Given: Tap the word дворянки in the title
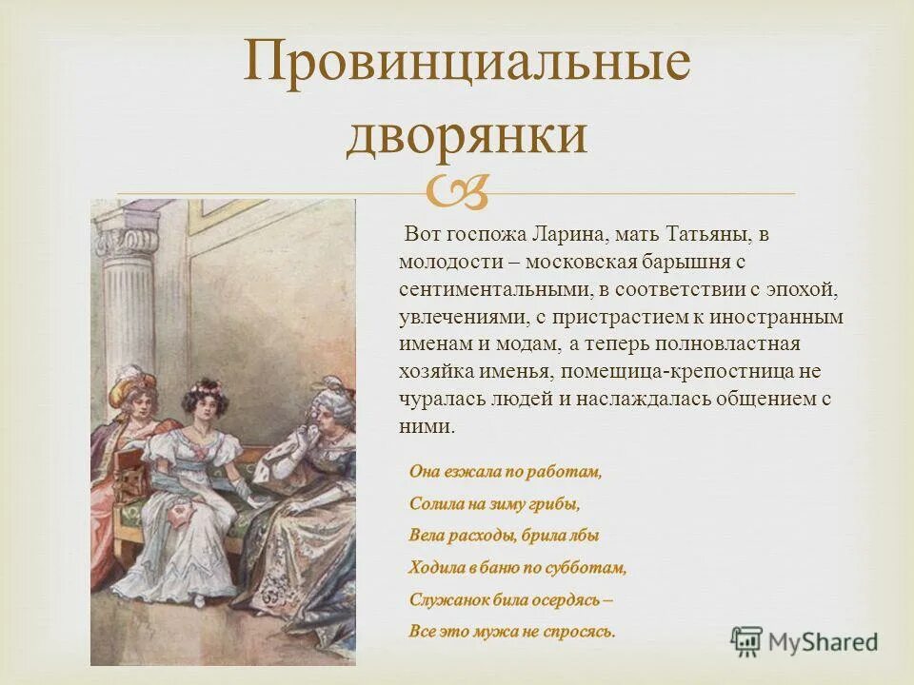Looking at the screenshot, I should tap(466, 134).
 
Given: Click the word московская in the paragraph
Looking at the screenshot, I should tap(579, 261).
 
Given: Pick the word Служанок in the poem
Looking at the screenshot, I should tap(446, 600).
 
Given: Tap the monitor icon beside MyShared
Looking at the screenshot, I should tap(747, 639).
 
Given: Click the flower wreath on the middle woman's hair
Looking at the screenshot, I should tap(205, 388).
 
